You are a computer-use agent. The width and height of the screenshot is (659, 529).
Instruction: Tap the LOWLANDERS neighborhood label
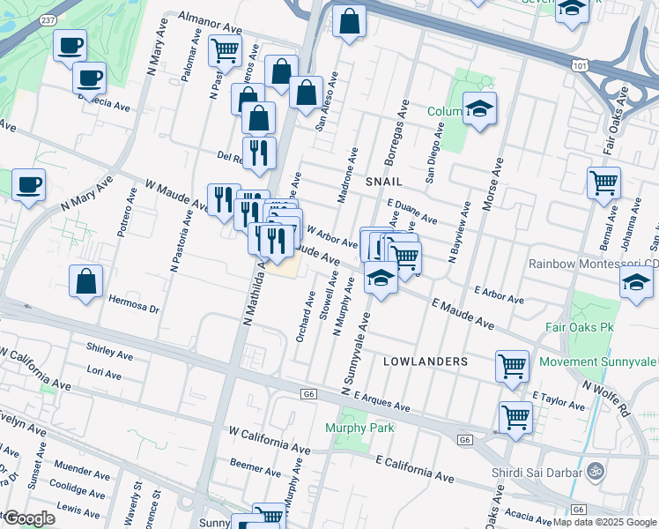pos(418,361)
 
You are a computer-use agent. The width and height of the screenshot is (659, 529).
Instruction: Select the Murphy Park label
pos(359,428)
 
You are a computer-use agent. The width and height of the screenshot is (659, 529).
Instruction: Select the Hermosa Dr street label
pos(133,309)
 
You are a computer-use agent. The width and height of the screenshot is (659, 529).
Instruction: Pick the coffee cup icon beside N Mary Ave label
pos(28,185)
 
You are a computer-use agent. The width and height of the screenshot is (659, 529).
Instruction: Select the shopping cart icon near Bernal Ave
pos(604,183)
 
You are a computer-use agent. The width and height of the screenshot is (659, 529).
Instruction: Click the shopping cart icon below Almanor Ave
pos(225,50)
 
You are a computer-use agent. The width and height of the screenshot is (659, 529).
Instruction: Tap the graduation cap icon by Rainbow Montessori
pos(636,284)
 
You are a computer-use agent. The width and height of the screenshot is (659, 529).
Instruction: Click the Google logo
pos(28,518)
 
